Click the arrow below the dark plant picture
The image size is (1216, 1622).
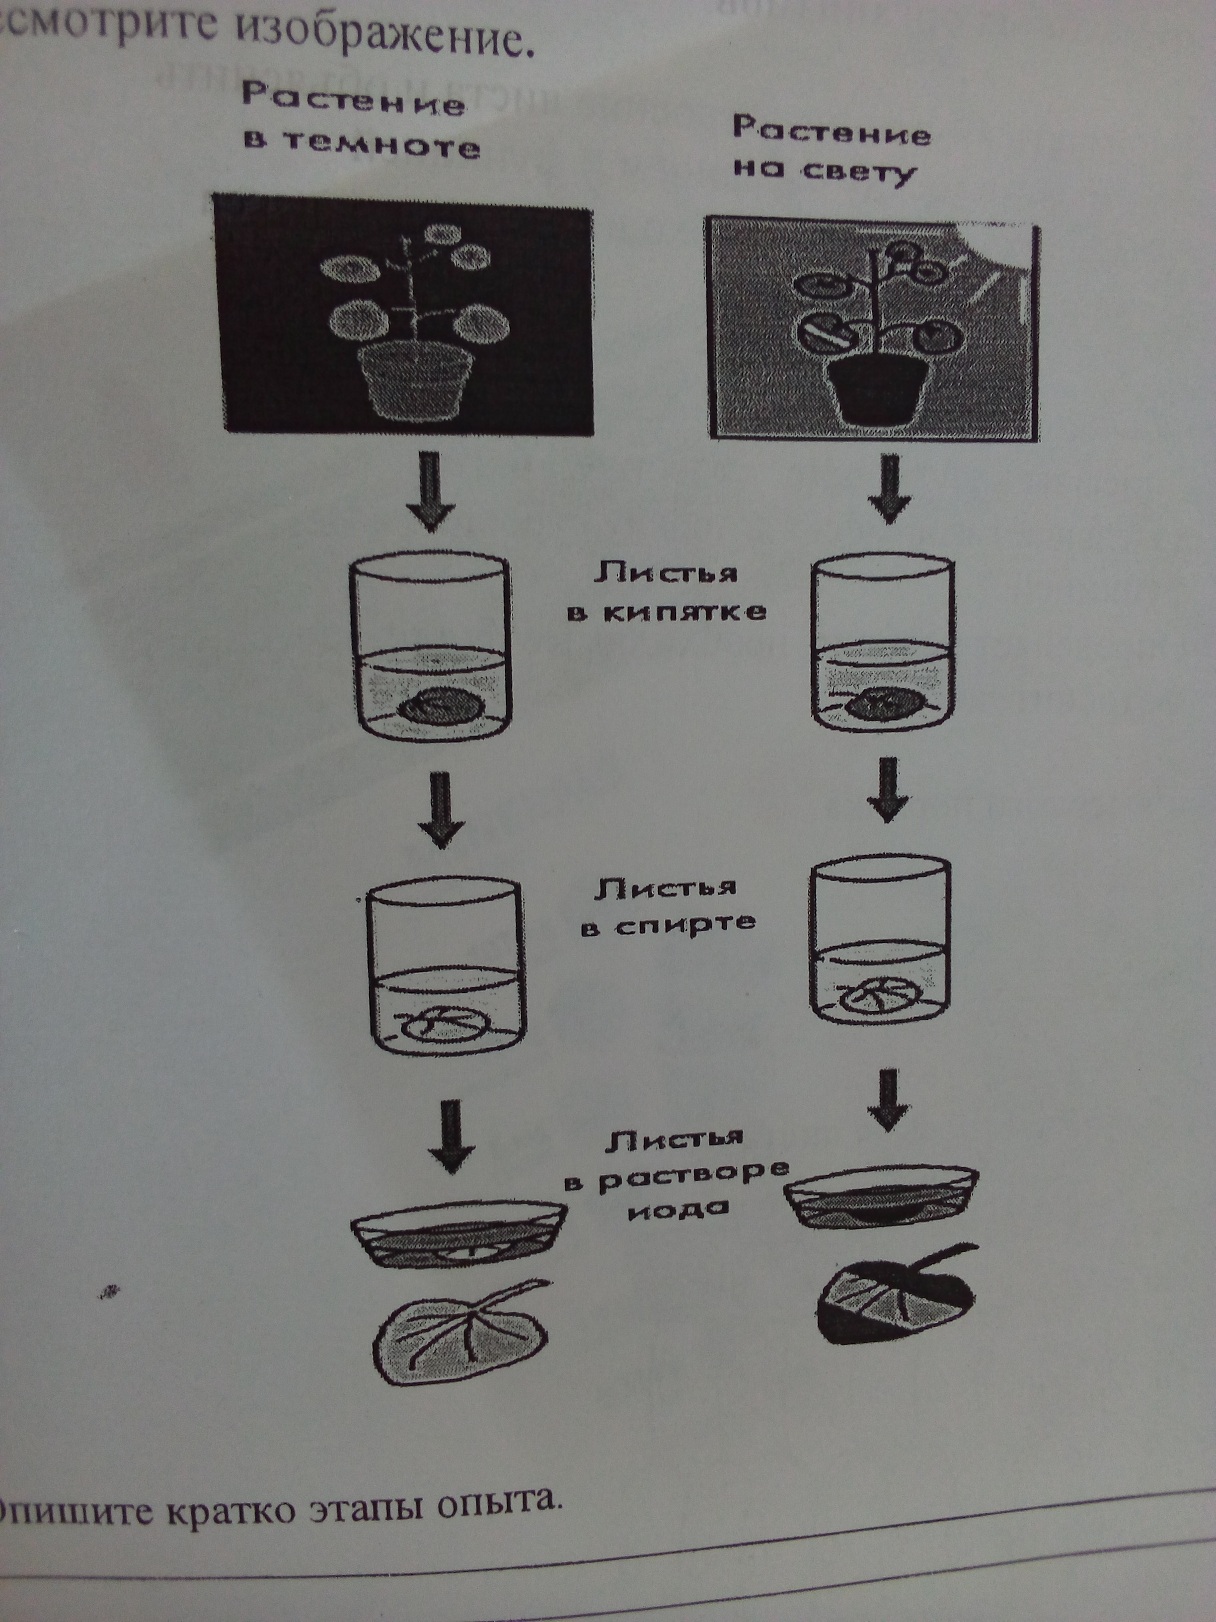pos(432,491)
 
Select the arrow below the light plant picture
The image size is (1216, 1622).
pos(889,487)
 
